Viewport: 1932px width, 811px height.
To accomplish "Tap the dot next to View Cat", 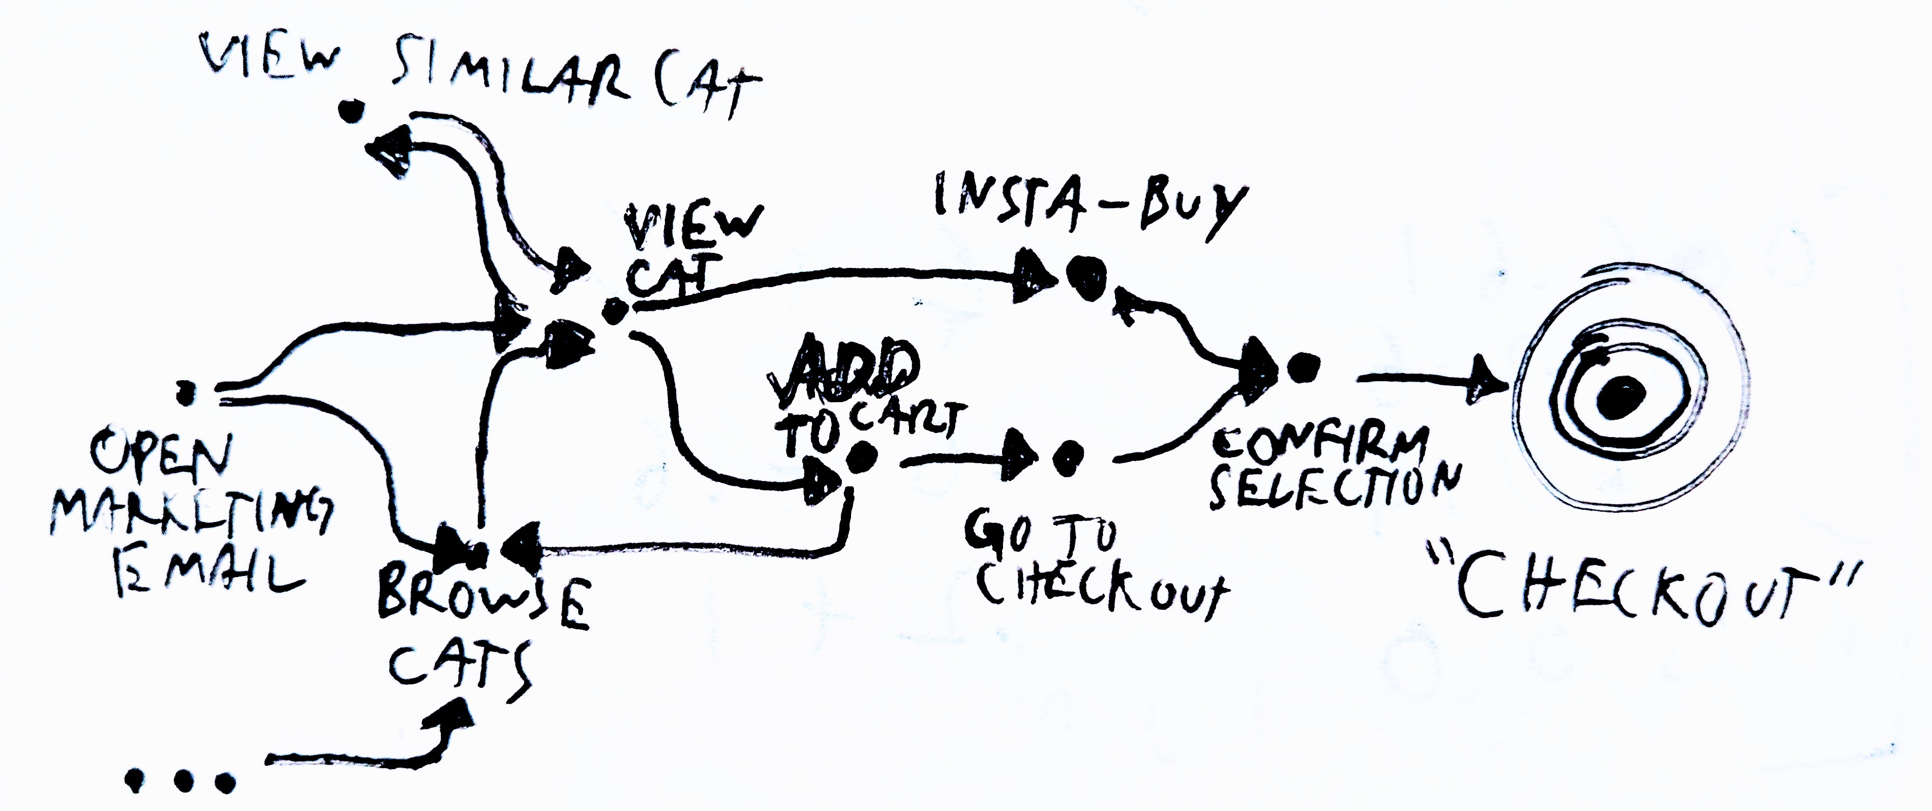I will pos(614,310).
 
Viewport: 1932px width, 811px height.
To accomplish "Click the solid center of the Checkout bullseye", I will pos(1620,396).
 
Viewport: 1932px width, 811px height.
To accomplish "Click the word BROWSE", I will pos(480,600).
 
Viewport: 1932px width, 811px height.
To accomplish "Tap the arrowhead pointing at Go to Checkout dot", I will pos(1021,455).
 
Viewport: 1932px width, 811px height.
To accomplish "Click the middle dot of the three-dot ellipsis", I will pos(180,782).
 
